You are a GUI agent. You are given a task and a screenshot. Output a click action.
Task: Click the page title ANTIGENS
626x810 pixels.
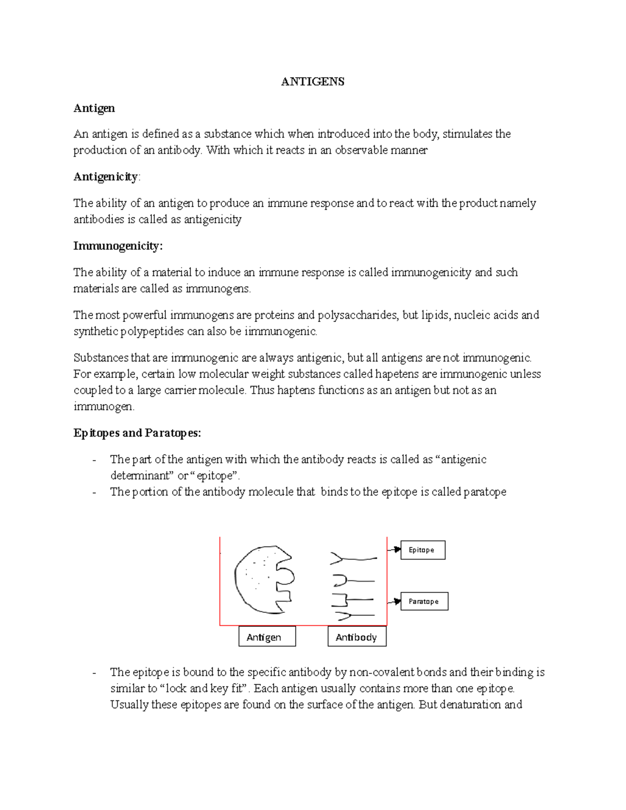[x=312, y=82]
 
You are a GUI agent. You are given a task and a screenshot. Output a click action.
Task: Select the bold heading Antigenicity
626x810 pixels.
[x=106, y=177]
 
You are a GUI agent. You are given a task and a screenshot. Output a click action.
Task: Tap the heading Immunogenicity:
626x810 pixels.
[x=118, y=246]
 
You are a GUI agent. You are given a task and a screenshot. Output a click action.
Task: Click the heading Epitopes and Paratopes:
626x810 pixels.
[x=137, y=433]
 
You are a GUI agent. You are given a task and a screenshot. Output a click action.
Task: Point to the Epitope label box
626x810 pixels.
[x=423, y=550]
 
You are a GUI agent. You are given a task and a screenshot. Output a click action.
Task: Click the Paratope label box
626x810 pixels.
[x=424, y=601]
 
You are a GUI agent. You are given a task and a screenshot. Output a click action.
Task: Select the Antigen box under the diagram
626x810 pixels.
[x=267, y=637]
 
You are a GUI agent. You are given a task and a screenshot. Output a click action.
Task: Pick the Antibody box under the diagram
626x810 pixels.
[x=357, y=637]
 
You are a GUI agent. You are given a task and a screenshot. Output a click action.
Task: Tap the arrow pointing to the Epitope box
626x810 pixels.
[x=394, y=549]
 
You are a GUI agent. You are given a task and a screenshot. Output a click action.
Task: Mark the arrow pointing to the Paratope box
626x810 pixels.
[x=394, y=601]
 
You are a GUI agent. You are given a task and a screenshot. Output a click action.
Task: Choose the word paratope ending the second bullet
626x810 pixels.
[x=485, y=492]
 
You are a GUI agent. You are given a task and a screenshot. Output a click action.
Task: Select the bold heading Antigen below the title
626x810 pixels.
[x=94, y=108]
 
